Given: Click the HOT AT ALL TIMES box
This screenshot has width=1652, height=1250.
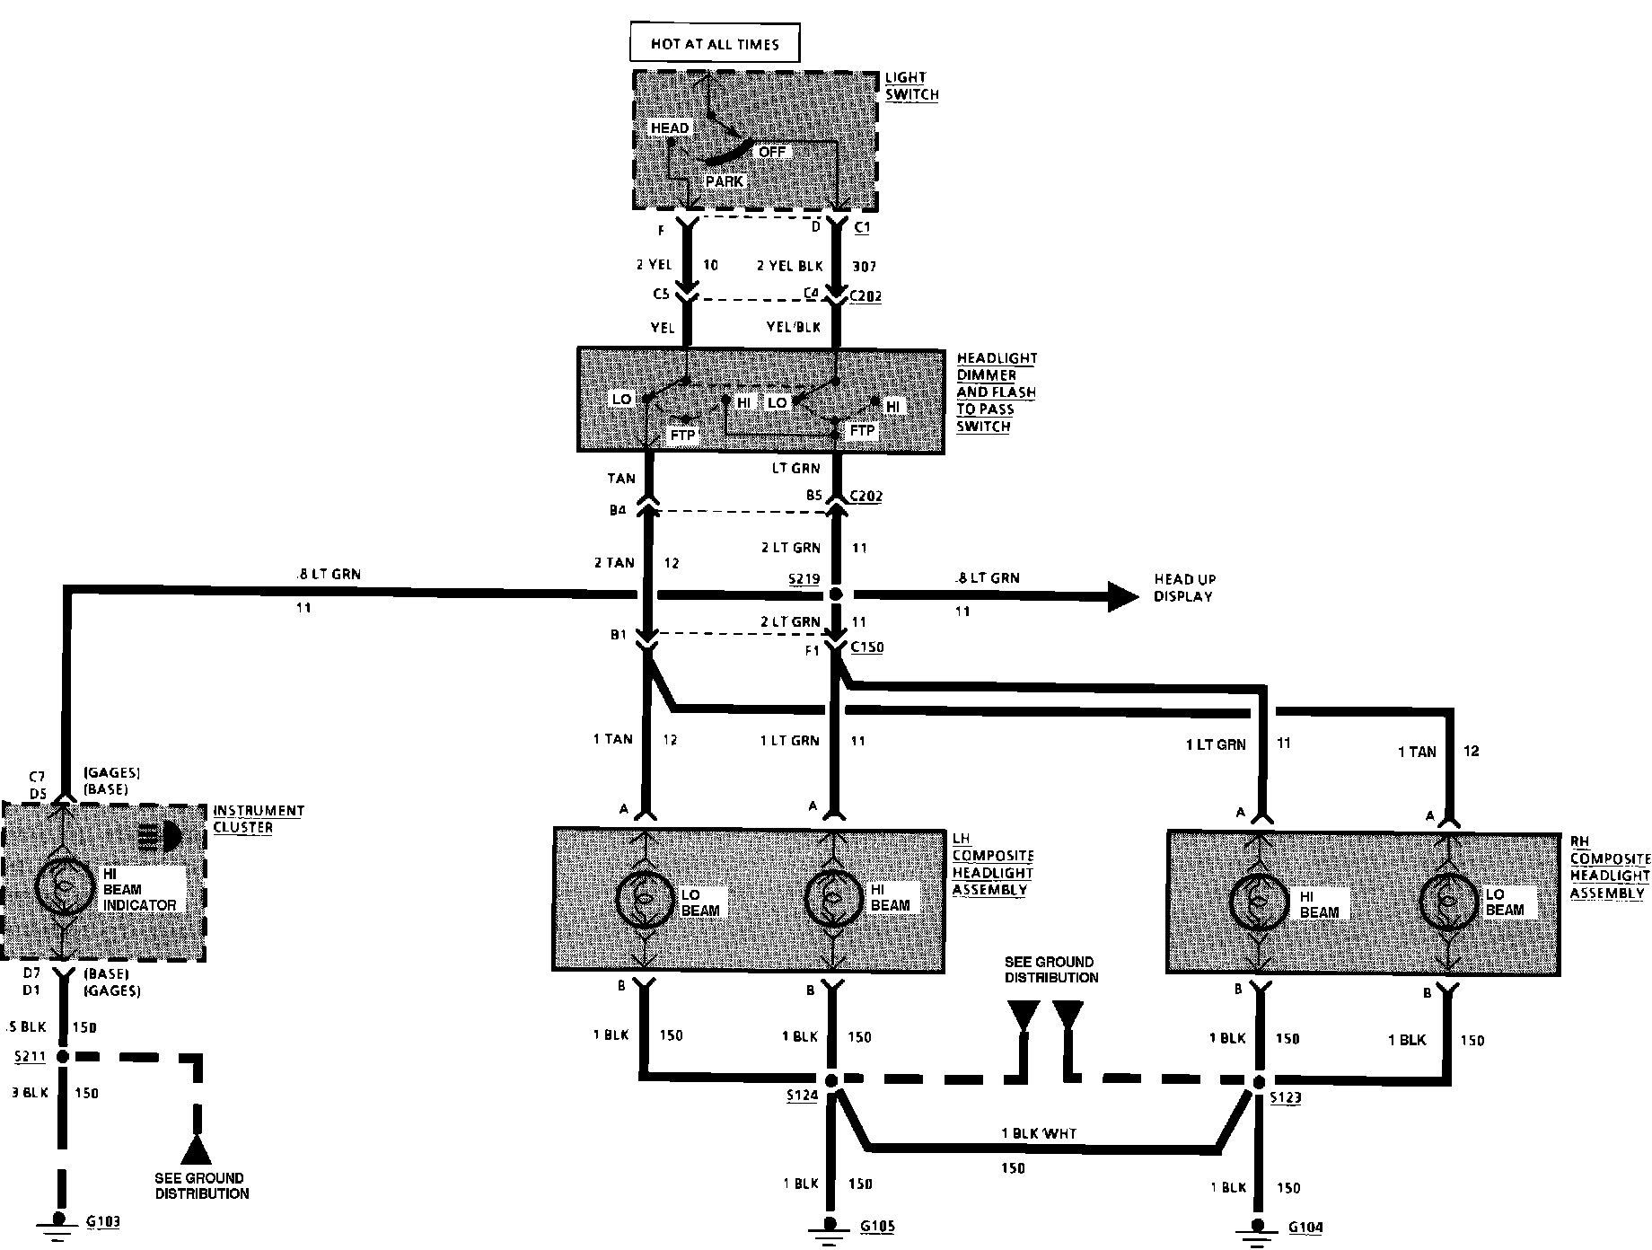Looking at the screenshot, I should [715, 43].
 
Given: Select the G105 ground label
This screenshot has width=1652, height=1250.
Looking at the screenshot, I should [877, 1226].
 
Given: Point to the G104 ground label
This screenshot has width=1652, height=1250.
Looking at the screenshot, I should [1305, 1228].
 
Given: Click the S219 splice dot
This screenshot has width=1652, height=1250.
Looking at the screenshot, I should [836, 594].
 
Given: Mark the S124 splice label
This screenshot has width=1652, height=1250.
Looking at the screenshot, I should [802, 1096].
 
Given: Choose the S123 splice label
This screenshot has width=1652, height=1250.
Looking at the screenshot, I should [1287, 1097].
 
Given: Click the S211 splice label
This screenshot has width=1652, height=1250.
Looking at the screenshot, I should [30, 1057].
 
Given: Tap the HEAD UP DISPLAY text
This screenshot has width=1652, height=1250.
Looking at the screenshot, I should [1184, 587].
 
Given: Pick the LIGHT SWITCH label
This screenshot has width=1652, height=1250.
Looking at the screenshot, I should [911, 85].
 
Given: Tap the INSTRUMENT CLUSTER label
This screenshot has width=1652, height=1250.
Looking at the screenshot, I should [258, 818].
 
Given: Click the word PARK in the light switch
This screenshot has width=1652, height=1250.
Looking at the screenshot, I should [724, 180].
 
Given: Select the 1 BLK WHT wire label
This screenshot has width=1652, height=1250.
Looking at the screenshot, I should [1038, 1133].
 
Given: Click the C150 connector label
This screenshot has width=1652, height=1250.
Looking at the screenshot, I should [866, 647].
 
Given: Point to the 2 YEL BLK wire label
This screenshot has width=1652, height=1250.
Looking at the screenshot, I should [789, 266].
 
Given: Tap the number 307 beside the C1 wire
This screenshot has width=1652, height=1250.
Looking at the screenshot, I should [862, 266].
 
